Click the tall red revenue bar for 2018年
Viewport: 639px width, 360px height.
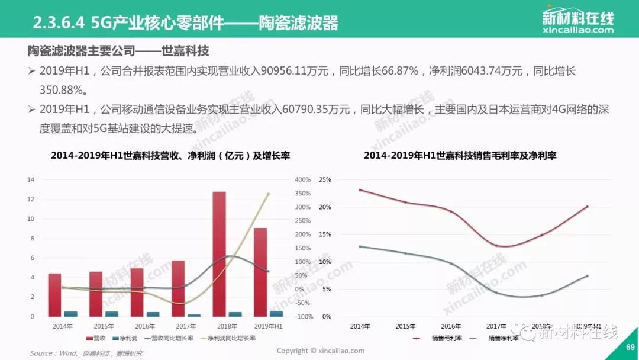coord(219,255)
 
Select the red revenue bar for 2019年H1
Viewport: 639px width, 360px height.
coord(260,272)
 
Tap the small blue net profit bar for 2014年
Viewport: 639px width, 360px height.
coord(70,314)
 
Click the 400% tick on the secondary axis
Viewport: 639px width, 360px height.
coord(302,179)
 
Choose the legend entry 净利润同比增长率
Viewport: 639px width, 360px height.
coord(231,339)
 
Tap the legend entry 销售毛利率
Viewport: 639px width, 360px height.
coord(444,339)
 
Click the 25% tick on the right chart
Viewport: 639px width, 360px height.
coord(325,179)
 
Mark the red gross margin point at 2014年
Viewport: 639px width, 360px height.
coord(360,190)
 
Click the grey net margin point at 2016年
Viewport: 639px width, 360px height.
coord(451,264)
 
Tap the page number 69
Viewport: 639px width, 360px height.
coord(630,348)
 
